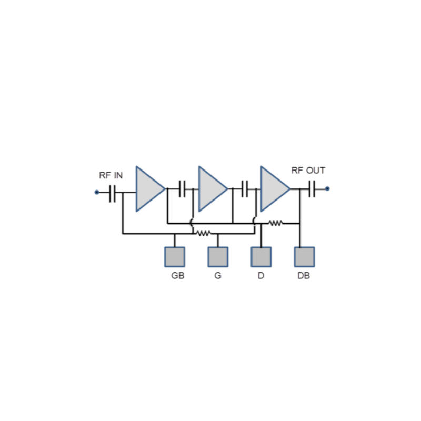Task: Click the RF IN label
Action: pyautogui.click(x=111, y=175)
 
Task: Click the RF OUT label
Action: pyautogui.click(x=308, y=171)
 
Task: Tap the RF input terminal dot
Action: pyautogui.click(x=97, y=192)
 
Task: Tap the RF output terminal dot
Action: pyautogui.click(x=327, y=188)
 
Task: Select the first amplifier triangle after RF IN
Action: pyautogui.click(x=148, y=189)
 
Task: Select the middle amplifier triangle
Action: pyautogui.click(x=211, y=189)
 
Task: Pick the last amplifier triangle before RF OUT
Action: pyautogui.click(x=274, y=189)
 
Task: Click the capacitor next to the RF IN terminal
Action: pyautogui.click(x=112, y=193)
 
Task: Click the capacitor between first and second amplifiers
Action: pyautogui.click(x=183, y=188)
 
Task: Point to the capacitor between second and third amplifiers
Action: pyautogui.click(x=245, y=188)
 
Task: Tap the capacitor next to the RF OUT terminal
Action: pyautogui.click(x=312, y=188)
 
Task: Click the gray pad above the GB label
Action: pyautogui.click(x=175, y=257)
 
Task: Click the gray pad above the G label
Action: pyautogui.click(x=218, y=257)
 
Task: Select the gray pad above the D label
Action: pyautogui.click(x=261, y=257)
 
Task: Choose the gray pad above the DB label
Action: pyautogui.click(x=304, y=257)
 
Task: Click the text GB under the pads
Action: pyautogui.click(x=178, y=276)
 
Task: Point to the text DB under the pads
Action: pyautogui.click(x=304, y=276)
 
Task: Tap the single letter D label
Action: pyautogui.click(x=260, y=276)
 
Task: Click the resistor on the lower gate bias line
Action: pyautogui.click(x=204, y=233)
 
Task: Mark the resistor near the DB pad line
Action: pyautogui.click(x=276, y=223)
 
